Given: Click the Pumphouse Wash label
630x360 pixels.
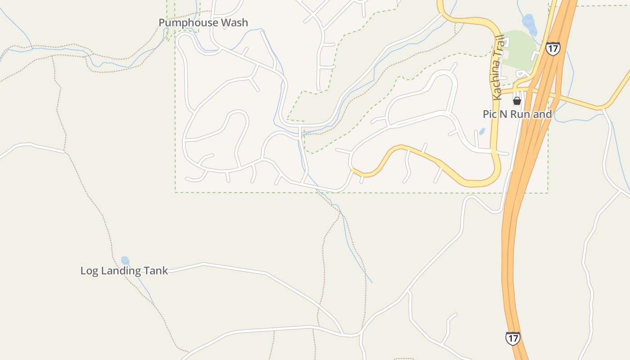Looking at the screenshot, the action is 203,22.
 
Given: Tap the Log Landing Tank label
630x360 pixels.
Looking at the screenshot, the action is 124,270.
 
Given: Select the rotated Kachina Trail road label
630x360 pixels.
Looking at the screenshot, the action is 497,67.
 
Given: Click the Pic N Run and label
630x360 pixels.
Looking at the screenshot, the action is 517,114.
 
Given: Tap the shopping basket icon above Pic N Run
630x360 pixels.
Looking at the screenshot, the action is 517,101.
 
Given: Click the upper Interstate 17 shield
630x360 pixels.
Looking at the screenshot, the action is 553,49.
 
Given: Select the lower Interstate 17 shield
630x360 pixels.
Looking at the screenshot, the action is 513,338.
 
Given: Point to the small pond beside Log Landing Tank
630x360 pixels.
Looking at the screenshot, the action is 125,261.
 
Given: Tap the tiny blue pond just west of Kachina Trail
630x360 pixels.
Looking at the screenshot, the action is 482,131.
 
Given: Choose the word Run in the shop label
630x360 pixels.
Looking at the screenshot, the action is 521,114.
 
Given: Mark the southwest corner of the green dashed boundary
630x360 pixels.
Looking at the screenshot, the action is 175,192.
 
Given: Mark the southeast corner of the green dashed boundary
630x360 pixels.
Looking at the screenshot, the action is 548,193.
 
